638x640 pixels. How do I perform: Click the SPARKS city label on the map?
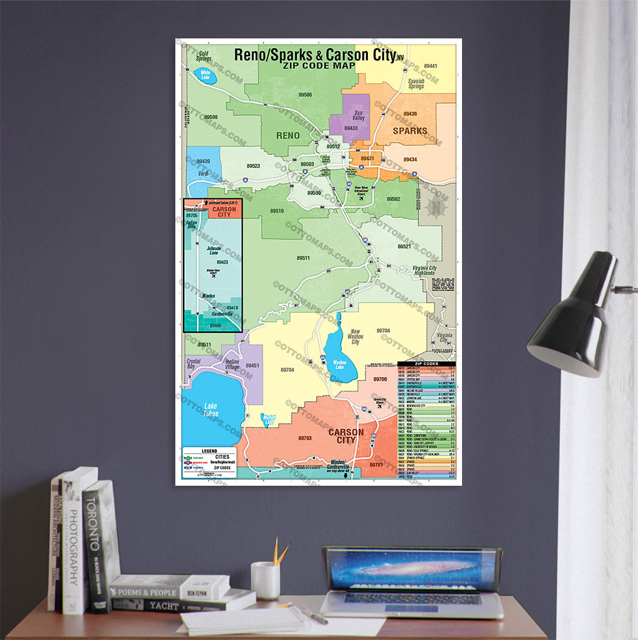pos(410,131)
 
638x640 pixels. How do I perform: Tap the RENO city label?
pos(287,136)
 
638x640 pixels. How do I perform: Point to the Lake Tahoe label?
pos(211,410)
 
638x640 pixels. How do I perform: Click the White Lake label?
pos(205,76)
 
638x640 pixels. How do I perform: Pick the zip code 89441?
pos(429,66)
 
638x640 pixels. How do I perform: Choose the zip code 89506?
pos(306,95)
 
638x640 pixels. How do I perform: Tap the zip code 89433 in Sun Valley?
pos(351,128)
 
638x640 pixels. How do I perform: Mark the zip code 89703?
pos(305,438)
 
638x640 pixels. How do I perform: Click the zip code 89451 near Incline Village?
pos(252,366)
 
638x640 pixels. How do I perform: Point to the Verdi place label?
pos(203,173)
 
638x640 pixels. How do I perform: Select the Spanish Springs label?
pos(417,84)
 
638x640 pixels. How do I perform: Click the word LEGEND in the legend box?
pos(209,451)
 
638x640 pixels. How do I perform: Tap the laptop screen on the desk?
pos(412,570)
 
